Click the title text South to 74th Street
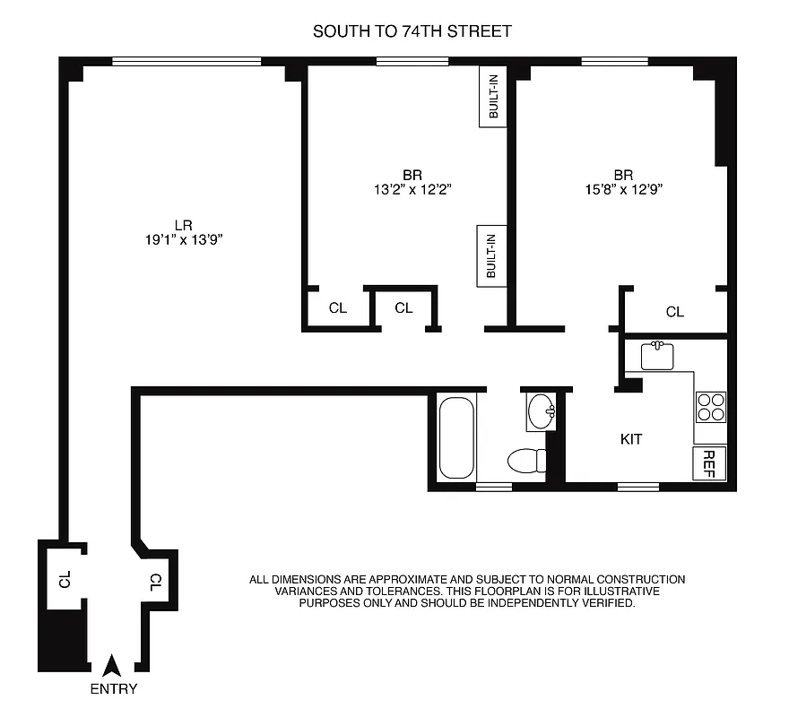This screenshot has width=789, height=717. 412,31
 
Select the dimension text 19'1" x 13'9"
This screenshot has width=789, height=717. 185,239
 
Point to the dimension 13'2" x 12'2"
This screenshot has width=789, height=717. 412,189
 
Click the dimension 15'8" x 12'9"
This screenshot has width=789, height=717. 624,189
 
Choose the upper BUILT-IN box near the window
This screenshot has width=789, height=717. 493,98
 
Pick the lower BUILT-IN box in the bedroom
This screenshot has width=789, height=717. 491,255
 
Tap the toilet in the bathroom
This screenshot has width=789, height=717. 526,461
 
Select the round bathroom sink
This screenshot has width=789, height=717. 542,413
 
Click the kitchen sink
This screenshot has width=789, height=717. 662,355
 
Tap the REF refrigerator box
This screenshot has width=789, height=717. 708,462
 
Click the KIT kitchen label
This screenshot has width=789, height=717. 632,439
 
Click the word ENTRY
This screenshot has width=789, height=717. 114,689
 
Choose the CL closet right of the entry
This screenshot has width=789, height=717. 156,582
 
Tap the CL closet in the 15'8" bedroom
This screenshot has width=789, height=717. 674,312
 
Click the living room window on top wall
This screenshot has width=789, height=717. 186,62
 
